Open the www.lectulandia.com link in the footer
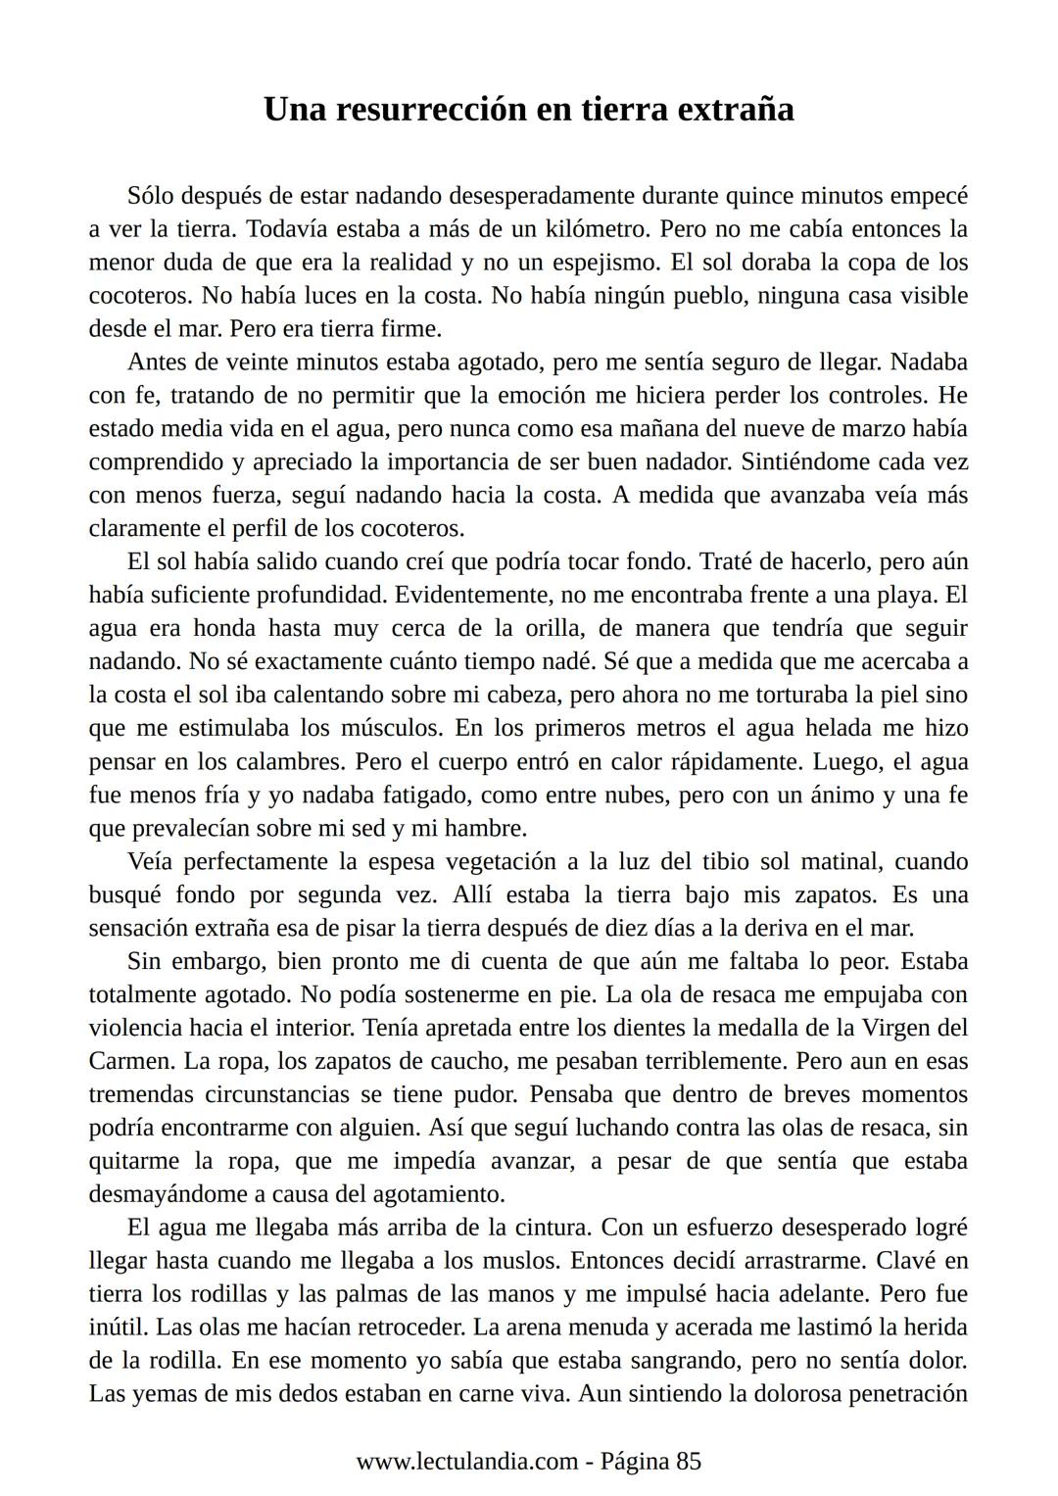pos(466,1462)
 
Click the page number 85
pos(689,1462)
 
